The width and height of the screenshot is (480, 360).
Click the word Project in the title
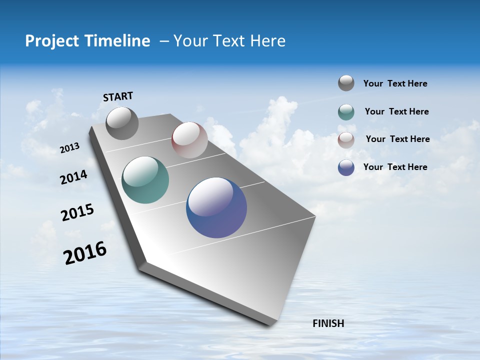pos(49,41)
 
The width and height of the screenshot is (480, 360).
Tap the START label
pos(118,96)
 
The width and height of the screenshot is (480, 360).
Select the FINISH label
pos(328,323)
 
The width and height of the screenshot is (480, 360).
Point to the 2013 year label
pos(70,148)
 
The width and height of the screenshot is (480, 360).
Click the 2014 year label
pos(74,177)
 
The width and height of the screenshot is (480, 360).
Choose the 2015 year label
pos(77,212)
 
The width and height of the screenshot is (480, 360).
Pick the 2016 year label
pos(85,253)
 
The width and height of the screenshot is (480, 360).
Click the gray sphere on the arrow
pos(122,123)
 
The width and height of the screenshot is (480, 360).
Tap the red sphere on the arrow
pos(189,140)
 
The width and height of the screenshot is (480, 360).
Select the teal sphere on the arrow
pos(145,180)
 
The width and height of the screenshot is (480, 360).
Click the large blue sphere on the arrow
pos(216,207)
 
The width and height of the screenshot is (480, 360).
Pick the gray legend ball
pos(346,83)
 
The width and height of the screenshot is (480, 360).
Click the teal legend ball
pos(346,112)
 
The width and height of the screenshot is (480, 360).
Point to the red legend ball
pos(346,140)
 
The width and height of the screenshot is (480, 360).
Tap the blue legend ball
pos(346,167)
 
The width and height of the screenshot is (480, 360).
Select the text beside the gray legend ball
pos(395,83)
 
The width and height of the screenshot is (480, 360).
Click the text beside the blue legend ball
pos(395,167)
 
